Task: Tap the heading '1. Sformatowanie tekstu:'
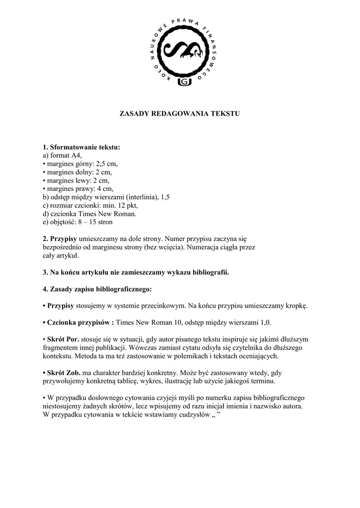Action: coord(81,147)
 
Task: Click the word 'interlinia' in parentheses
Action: coord(144,197)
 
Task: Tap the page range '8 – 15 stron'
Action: coord(94,222)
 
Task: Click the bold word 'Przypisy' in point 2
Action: coord(63,239)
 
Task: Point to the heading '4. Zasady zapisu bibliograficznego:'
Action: coord(97,289)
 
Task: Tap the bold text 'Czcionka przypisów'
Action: coord(79,322)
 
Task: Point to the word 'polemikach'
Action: coord(194,356)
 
